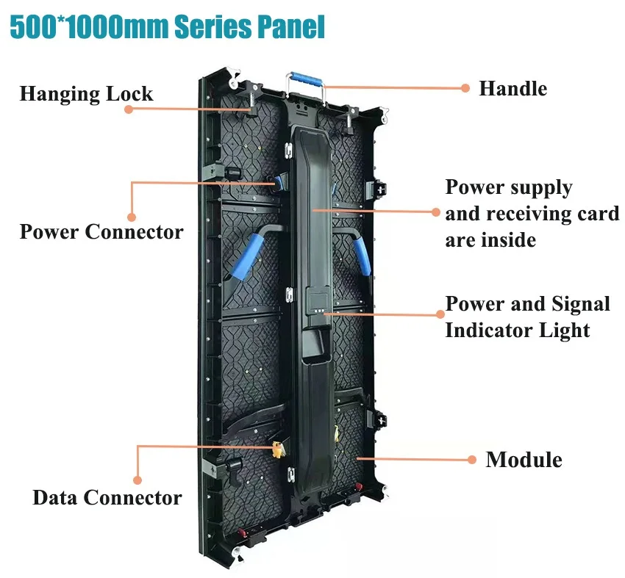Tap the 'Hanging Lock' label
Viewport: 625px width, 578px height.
[86, 94]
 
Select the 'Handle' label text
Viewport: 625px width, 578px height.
[512, 89]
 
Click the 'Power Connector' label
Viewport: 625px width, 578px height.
[101, 232]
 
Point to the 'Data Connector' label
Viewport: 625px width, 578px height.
[107, 497]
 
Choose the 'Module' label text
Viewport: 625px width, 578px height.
[524, 460]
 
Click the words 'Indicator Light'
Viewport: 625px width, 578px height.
[518, 330]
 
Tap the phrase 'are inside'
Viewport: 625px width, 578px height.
[490, 239]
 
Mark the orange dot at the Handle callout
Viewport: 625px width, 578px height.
[465, 88]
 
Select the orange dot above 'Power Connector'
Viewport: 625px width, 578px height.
[132, 217]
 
